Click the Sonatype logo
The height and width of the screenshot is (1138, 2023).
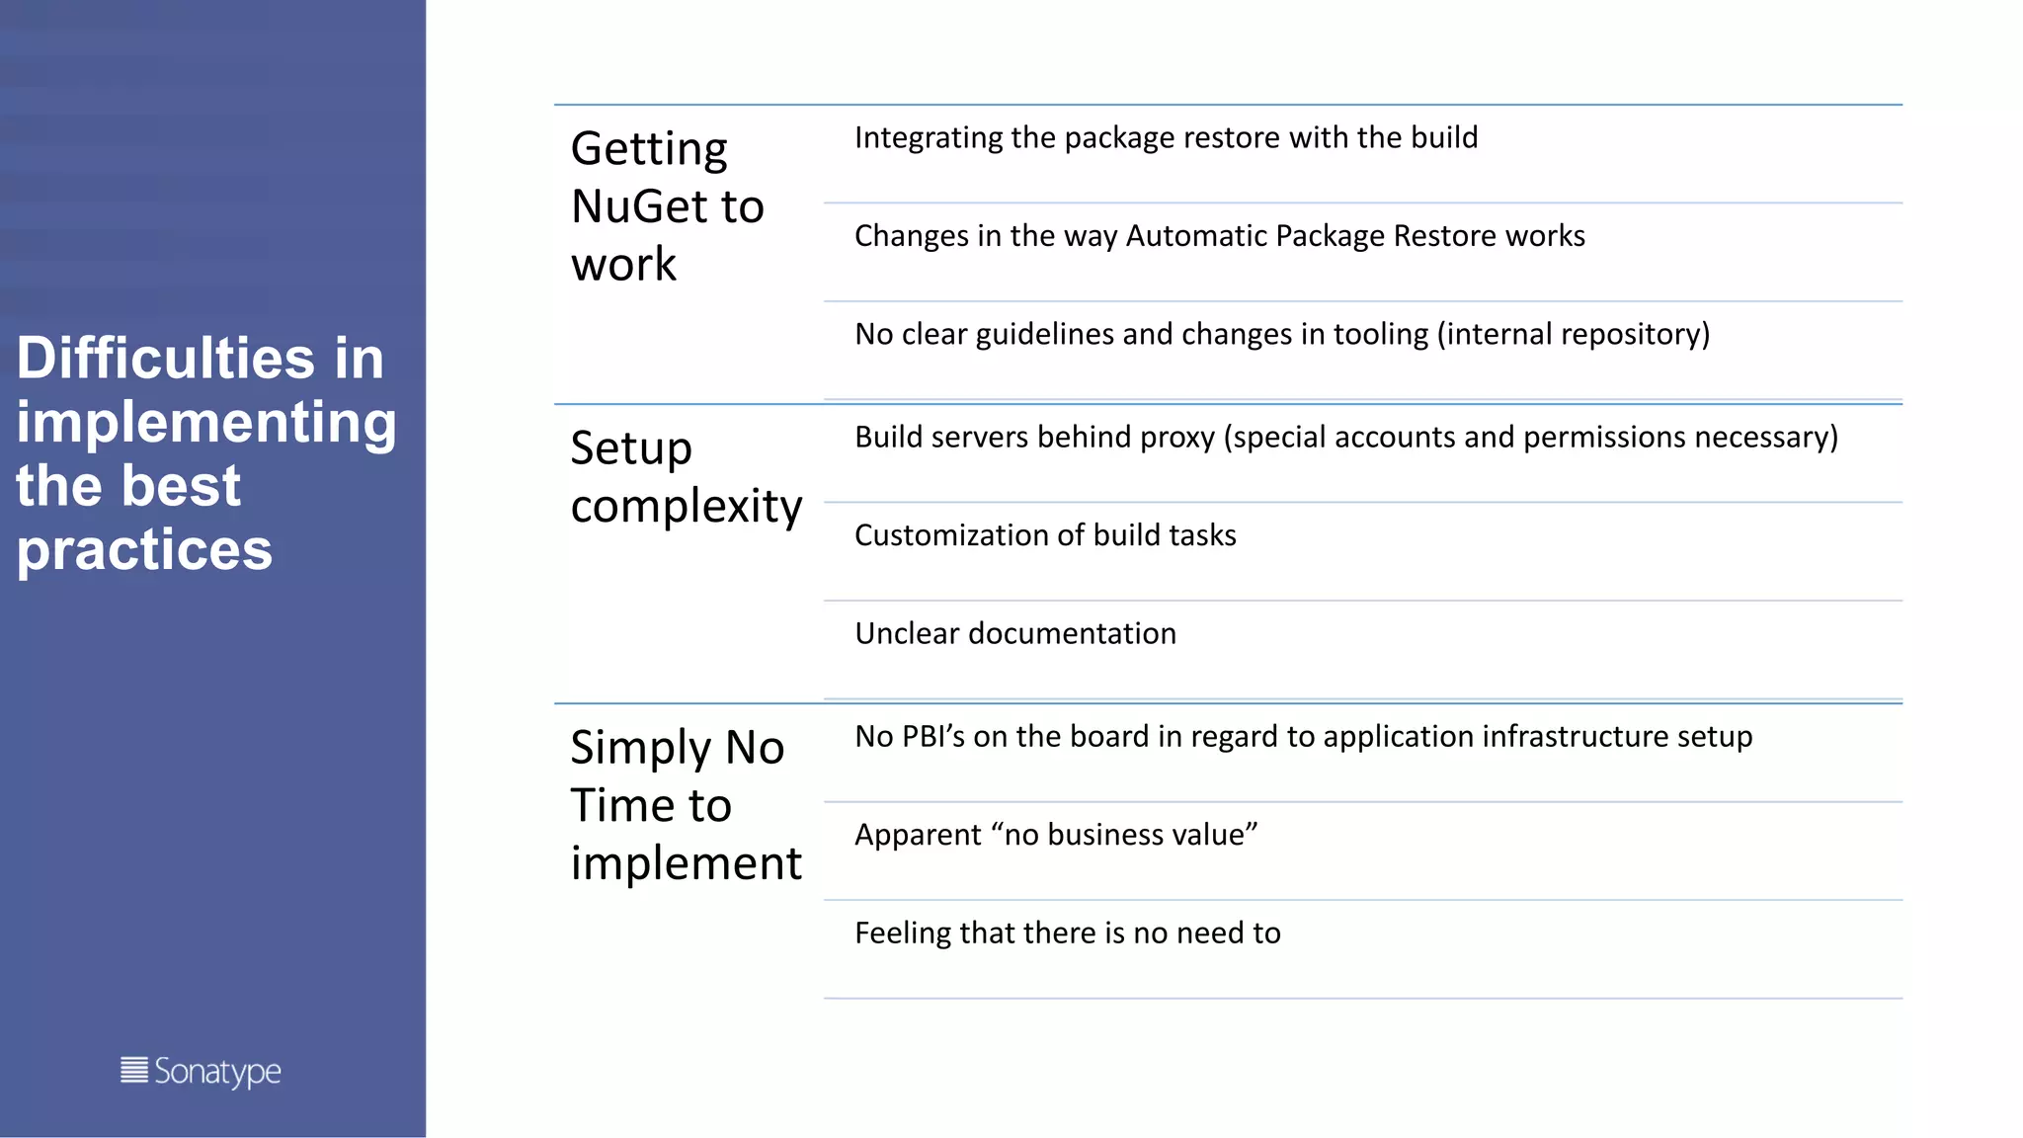(x=201, y=1072)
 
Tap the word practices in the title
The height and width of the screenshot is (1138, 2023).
(x=144, y=549)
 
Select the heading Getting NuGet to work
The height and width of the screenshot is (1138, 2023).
(x=668, y=206)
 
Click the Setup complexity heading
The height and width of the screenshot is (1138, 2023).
(x=686, y=477)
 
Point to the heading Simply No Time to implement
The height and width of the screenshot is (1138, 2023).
(x=686, y=805)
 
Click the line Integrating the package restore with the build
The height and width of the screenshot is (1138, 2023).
(x=1166, y=137)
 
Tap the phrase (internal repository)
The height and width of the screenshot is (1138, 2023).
(x=1574, y=334)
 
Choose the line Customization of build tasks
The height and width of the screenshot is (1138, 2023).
(x=1045, y=535)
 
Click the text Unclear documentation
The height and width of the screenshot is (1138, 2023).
(x=1015, y=633)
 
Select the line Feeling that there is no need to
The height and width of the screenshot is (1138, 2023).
(x=1067, y=933)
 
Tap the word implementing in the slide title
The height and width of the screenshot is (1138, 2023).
(x=206, y=423)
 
